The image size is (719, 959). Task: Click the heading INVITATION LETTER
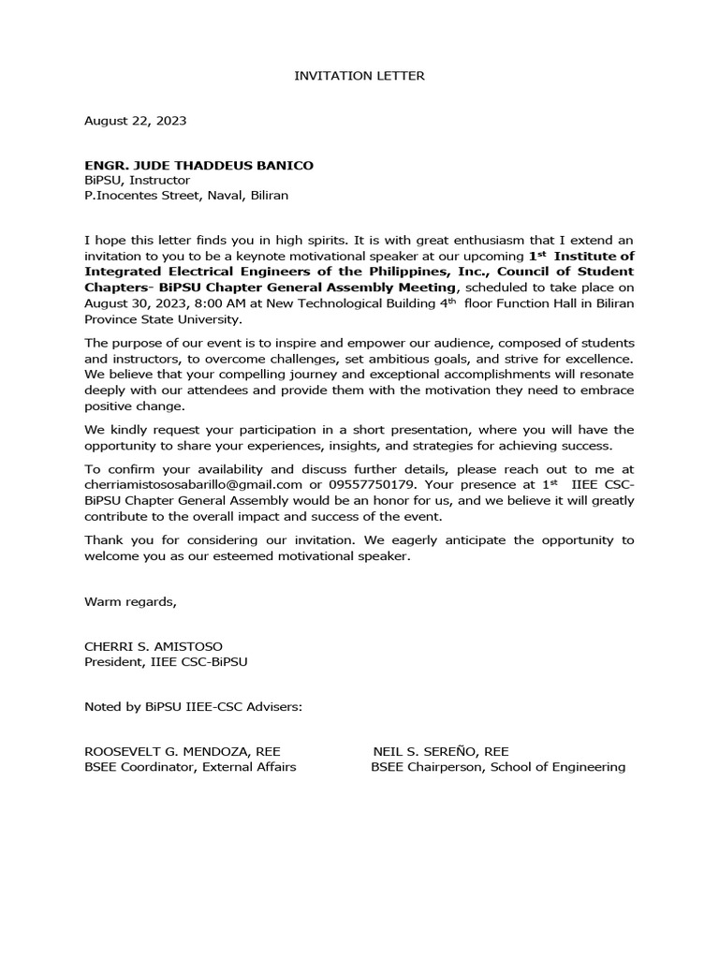(359, 76)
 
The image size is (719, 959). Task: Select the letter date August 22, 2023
(135, 121)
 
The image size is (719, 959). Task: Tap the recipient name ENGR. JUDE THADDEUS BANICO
(199, 166)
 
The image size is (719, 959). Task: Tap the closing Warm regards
(130, 601)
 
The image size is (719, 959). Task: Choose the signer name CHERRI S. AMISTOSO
(154, 646)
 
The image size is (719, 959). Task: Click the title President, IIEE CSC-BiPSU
(166, 661)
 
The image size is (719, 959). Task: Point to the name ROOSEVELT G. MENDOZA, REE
(182, 751)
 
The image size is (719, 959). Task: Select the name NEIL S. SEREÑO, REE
(441, 751)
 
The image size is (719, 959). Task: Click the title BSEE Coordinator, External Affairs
(190, 767)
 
